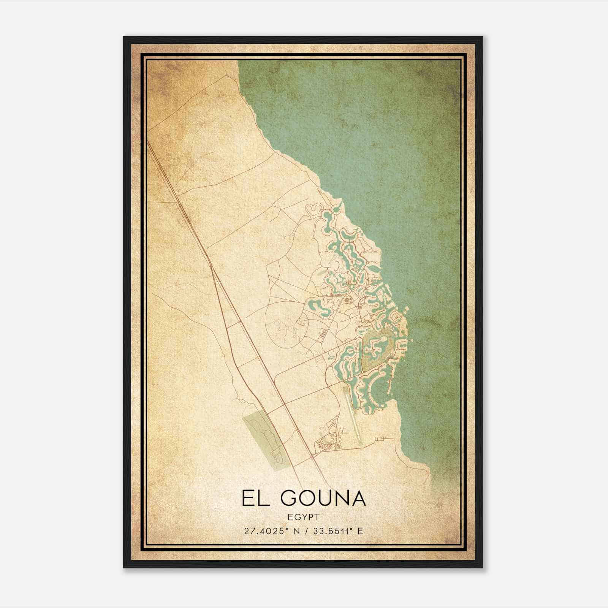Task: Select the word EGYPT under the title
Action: [x=304, y=517]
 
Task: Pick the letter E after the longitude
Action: [x=360, y=531]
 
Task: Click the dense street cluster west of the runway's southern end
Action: [x=327, y=443]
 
